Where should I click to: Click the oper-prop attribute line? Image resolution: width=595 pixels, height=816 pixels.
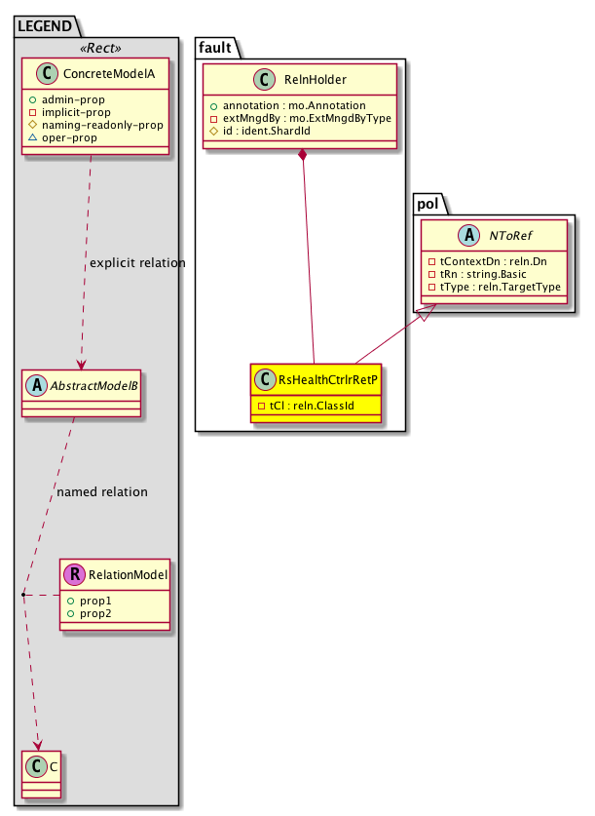click(81, 137)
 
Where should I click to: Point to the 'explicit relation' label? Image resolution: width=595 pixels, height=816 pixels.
click(137, 263)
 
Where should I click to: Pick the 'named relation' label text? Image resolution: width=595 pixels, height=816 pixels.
click(102, 491)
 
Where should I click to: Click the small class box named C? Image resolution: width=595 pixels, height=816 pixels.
click(38, 765)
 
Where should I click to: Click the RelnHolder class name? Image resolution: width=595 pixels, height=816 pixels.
click(314, 81)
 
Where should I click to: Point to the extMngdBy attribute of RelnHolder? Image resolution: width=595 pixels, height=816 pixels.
click(306, 117)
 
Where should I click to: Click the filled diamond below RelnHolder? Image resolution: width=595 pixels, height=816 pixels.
click(304, 155)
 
